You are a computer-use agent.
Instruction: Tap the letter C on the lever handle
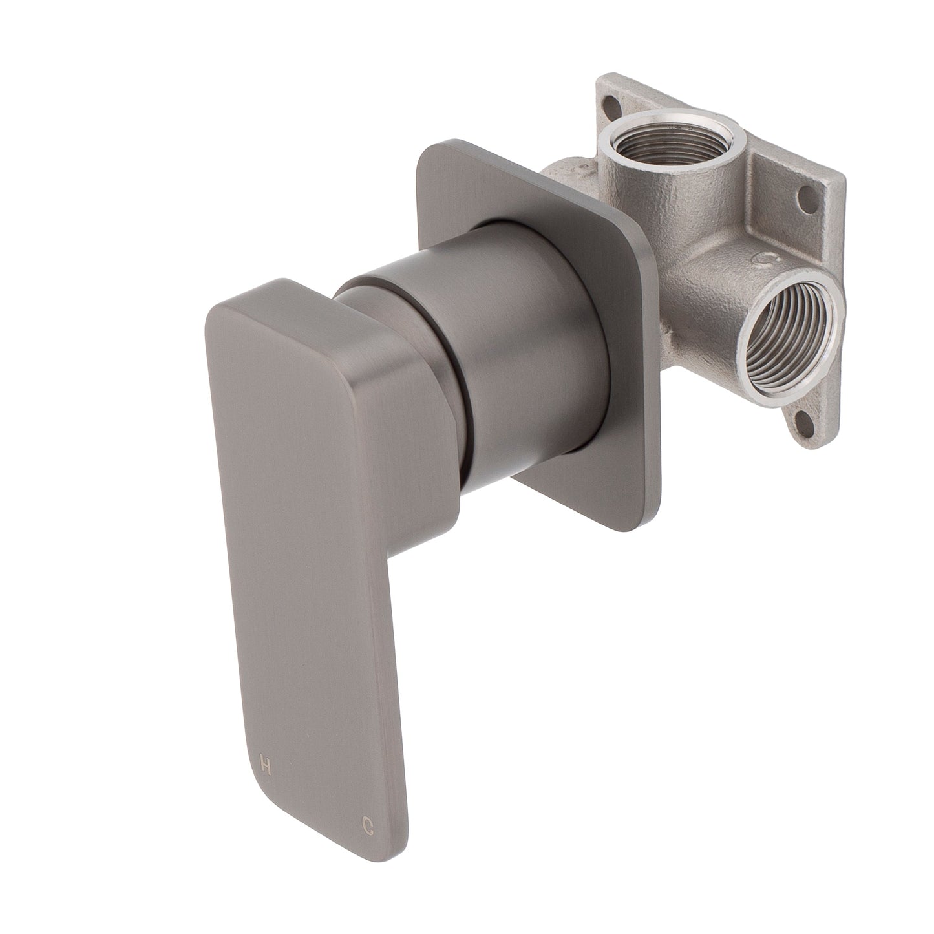tap(367, 824)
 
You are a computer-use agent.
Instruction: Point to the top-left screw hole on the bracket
tap(610, 102)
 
